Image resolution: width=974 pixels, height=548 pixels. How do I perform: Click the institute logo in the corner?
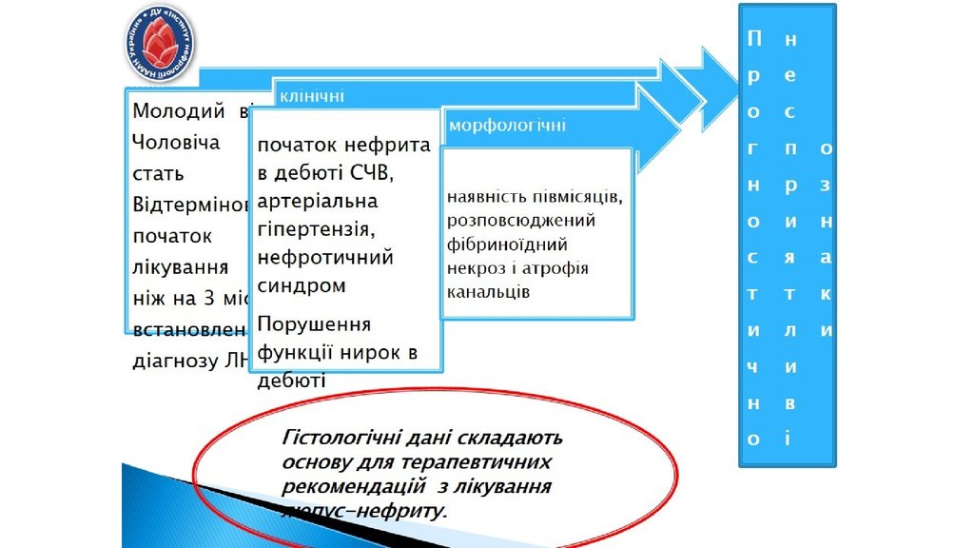[160, 44]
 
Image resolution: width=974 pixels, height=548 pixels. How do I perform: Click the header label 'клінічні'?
[311, 97]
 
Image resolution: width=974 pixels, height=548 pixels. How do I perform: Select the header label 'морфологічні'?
[507, 126]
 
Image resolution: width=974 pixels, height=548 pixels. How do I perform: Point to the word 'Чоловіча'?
[176, 142]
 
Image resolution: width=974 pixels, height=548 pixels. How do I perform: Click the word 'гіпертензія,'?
[312, 229]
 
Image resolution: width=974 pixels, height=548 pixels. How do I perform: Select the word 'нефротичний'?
[325, 257]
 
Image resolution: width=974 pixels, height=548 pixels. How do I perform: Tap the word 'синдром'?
[302, 285]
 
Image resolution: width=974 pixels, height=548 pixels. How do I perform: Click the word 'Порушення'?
[314, 324]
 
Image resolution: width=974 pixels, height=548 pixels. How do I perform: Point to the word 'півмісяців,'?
[575, 198]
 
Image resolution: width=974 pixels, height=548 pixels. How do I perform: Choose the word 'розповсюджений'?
[521, 221]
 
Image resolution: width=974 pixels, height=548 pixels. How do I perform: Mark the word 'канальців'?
[488, 291]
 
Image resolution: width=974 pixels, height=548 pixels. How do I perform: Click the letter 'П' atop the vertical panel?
[754, 39]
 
